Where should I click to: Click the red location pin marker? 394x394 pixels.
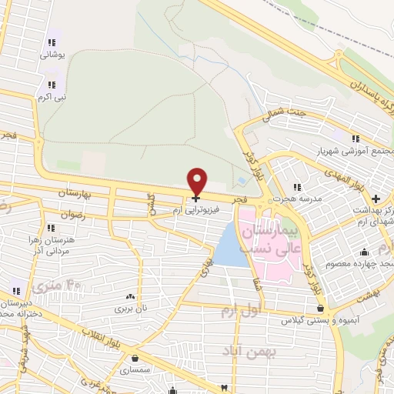coord(198,181)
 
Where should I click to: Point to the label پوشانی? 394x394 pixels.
coord(52,55)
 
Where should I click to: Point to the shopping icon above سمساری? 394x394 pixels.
coord(135,358)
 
